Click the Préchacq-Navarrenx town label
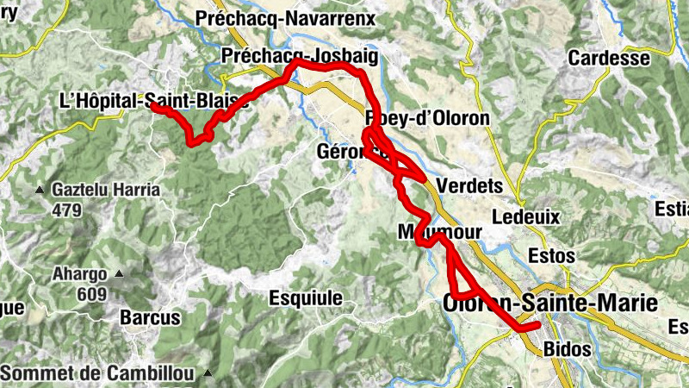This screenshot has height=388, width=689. pyautogui.click(x=287, y=17)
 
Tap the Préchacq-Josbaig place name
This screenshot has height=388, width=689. pyautogui.click(x=299, y=55)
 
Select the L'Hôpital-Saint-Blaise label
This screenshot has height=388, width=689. pyautogui.click(x=153, y=100)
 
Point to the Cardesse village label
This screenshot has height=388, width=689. pyautogui.click(x=609, y=59)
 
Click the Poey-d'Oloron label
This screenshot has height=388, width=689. pyautogui.click(x=427, y=118)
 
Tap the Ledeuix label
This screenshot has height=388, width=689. pyautogui.click(x=525, y=216)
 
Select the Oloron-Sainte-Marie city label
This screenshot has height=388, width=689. pyautogui.click(x=549, y=303)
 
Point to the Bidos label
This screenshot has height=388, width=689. pyautogui.click(x=568, y=349)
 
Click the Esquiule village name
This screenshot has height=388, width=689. pyautogui.click(x=306, y=298)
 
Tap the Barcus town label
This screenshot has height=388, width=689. pyautogui.click(x=150, y=317)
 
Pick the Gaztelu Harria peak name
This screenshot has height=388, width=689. pyautogui.click(x=106, y=190)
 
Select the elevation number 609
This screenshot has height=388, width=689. pyautogui.click(x=90, y=294)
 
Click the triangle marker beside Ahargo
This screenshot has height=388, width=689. pyautogui.click(x=119, y=274)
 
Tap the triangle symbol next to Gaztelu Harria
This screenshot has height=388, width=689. pyautogui.click(x=40, y=190)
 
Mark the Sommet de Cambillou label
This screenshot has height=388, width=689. pyautogui.click(x=96, y=373)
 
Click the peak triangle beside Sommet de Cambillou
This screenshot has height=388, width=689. pyautogui.click(x=208, y=373)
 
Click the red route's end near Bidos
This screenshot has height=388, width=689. pyautogui.click(x=537, y=325)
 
